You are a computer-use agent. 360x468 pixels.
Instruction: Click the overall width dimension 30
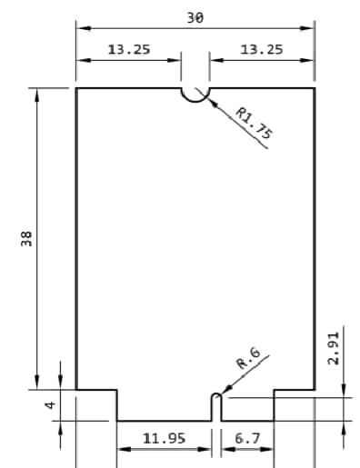coord(195,18)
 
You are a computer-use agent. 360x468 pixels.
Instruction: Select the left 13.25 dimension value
coord(129,49)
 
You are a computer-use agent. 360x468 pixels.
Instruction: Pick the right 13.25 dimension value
coord(262,49)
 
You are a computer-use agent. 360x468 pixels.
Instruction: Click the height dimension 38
coord(26,238)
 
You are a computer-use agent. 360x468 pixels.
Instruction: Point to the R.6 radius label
coord(248,356)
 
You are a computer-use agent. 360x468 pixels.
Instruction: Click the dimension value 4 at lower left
coord(51,405)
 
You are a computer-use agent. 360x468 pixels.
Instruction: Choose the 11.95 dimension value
coord(165,438)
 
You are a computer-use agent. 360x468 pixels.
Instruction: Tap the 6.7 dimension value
coord(247,438)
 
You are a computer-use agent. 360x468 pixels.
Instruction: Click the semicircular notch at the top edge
coord(195,94)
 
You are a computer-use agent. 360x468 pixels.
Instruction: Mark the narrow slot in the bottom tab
coord(216,407)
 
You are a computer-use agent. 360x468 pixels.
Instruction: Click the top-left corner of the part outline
coord(75,88)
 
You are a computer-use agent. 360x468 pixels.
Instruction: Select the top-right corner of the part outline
coord(315,88)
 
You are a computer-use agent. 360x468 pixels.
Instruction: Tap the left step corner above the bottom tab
coord(117,389)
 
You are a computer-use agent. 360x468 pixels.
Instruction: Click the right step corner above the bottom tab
coord(275,389)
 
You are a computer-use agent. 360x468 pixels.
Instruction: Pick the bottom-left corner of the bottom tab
coord(117,421)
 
